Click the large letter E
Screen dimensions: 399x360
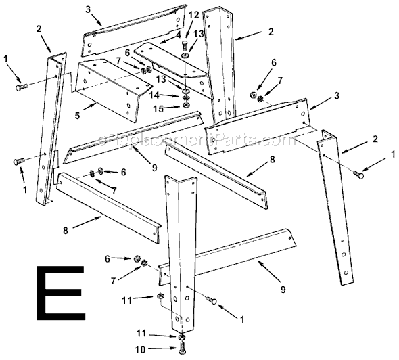(60, 292)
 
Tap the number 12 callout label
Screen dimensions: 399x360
(193, 15)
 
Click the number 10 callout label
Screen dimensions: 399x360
(141, 350)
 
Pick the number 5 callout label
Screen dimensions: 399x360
(77, 115)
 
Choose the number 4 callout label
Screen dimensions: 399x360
(179, 34)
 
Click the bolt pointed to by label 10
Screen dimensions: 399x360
(183, 348)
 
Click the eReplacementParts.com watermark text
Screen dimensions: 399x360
(197, 139)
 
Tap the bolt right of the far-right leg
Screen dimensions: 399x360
(358, 174)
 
